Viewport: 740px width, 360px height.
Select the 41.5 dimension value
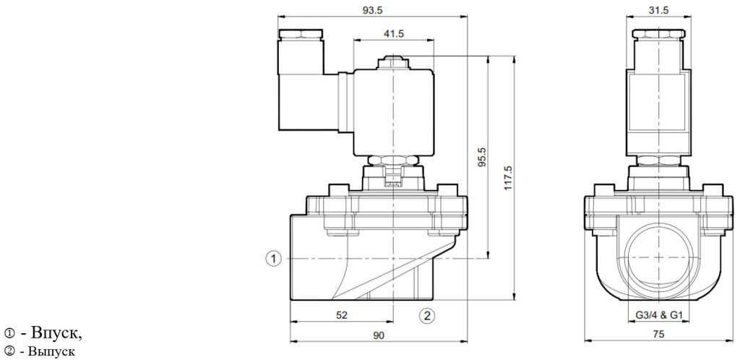392,33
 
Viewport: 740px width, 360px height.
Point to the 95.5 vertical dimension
483,158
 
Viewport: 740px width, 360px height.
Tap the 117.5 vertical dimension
508,174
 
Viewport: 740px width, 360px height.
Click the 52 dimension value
341,314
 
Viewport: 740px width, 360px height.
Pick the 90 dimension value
379,336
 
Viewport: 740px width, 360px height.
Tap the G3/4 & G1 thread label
655,314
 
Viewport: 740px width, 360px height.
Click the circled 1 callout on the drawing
273,257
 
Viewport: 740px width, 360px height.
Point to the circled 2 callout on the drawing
428,314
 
